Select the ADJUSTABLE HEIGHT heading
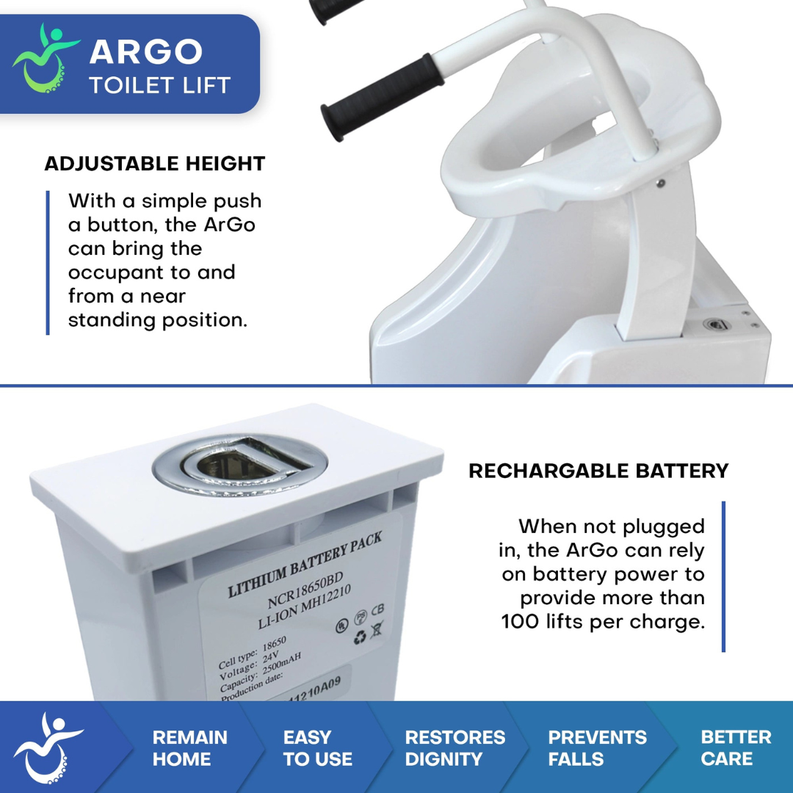(x=155, y=163)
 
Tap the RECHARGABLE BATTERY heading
(x=598, y=471)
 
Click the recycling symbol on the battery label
(x=360, y=637)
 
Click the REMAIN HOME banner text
(x=190, y=748)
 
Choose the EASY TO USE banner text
(x=317, y=748)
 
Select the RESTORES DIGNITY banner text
(x=455, y=748)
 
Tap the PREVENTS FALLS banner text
(x=597, y=748)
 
